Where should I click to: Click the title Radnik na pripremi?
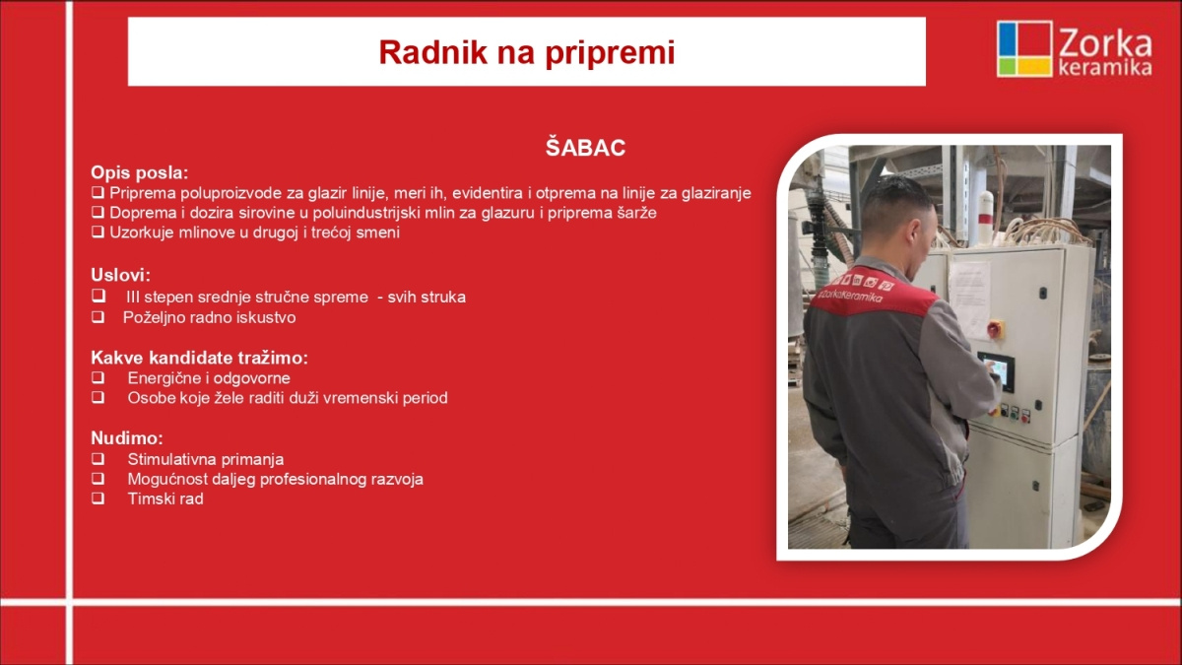click(x=527, y=53)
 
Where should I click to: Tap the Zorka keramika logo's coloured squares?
click(x=1024, y=48)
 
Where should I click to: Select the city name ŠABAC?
click(x=585, y=148)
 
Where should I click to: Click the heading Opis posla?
click(x=139, y=172)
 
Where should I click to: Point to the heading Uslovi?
click(x=120, y=275)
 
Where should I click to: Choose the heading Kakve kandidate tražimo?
click(x=199, y=358)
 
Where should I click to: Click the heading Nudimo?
click(x=127, y=438)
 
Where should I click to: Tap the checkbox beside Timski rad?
click(x=98, y=499)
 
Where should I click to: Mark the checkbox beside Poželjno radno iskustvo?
click(x=98, y=316)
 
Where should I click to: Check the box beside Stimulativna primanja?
click(x=98, y=459)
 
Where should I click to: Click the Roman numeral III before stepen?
click(x=132, y=298)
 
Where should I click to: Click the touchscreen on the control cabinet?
click(x=997, y=371)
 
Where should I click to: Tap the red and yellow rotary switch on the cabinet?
click(x=995, y=329)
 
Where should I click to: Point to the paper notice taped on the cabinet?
click(x=970, y=299)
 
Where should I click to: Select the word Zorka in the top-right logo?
click(x=1105, y=43)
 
